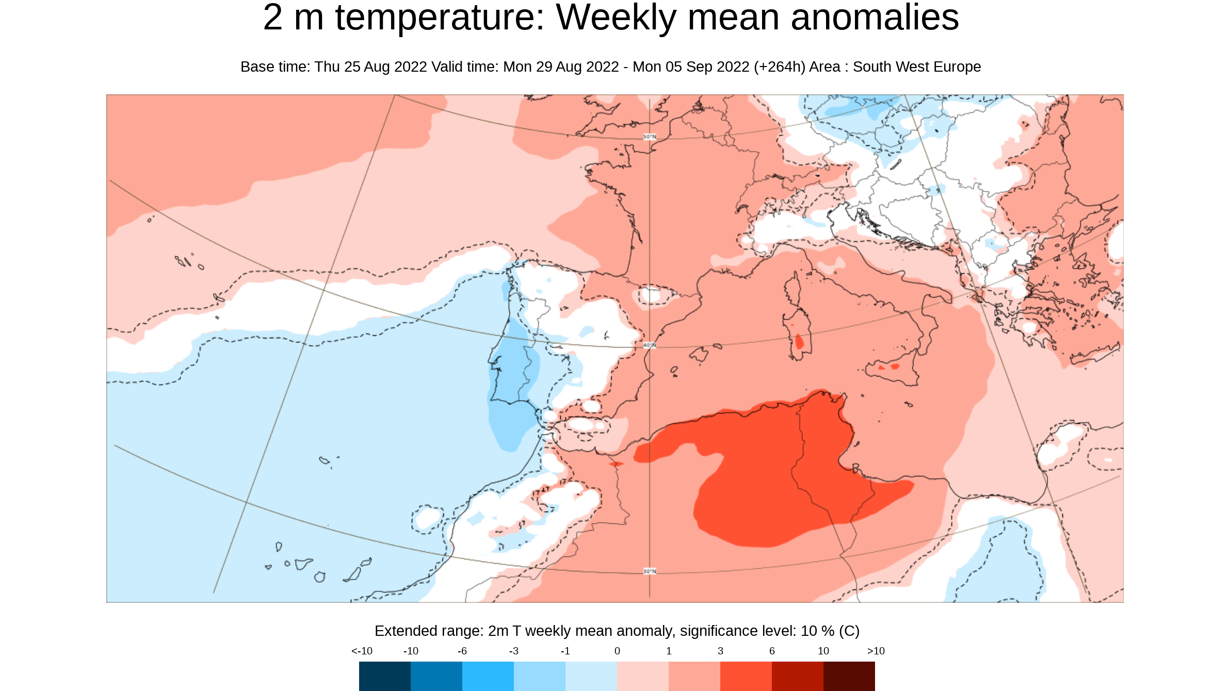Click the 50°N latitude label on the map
tap(650, 137)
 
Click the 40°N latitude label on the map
tap(650, 345)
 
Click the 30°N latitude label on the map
tap(650, 571)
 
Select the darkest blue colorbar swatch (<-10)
tap(385, 676)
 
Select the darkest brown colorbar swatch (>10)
tap(849, 676)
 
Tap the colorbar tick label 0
tap(617, 651)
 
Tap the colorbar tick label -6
tap(462, 651)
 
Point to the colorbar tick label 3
tap(720, 651)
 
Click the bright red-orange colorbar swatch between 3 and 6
tap(746, 676)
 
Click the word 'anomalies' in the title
tap(875, 18)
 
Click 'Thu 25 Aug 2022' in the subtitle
tap(370, 67)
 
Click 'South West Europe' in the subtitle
tap(917, 67)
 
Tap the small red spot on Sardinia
tap(799, 342)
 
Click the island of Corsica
tap(793, 291)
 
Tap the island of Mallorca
tap(699, 355)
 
